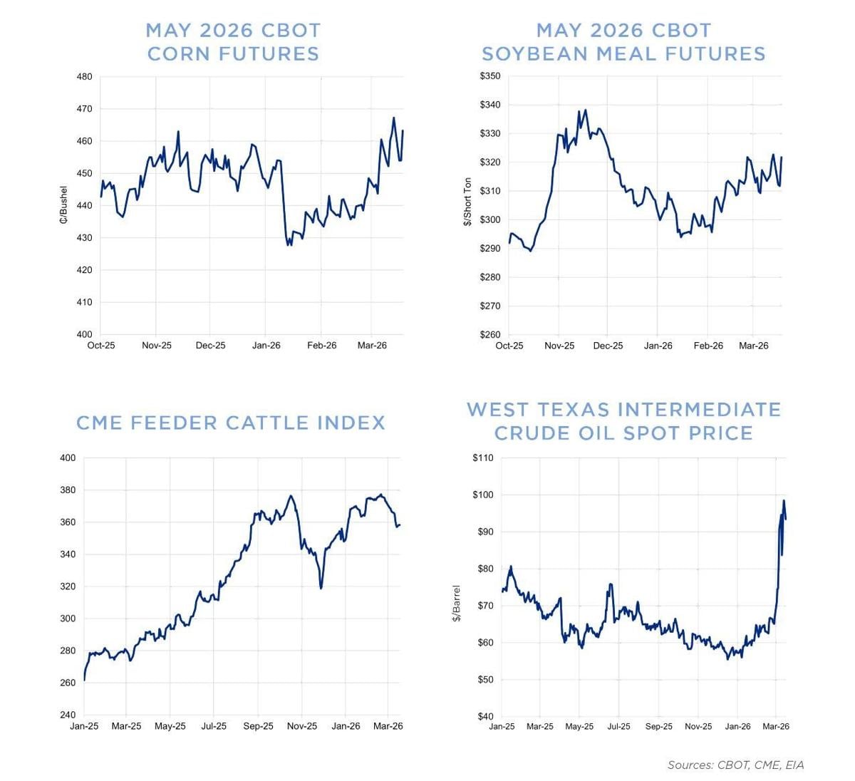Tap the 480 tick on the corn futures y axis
84,77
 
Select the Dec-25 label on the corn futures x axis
210,346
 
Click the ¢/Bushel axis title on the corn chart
63,205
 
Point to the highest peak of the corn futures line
393,118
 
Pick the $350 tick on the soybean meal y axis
489,76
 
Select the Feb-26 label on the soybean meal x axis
708,346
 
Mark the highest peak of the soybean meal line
585,110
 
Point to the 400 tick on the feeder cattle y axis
68,458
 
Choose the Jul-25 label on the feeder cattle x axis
214,726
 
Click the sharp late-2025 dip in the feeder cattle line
321,587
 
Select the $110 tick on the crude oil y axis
482,458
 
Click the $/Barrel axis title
457,604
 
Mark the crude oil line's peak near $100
784,500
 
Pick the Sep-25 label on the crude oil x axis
658,727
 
